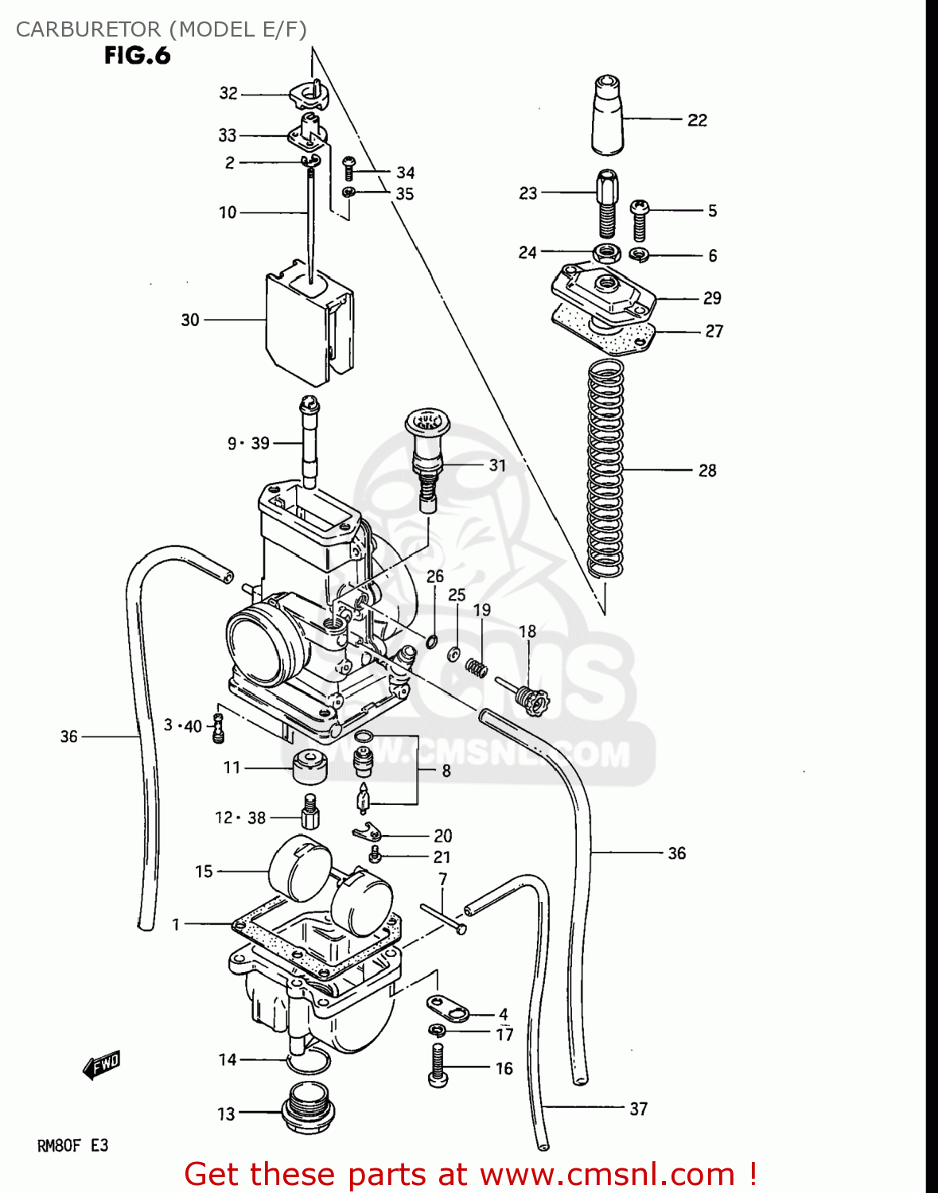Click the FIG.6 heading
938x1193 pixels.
pyautogui.click(x=137, y=56)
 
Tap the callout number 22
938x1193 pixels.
pyautogui.click(x=697, y=120)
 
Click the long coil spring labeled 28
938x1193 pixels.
pyautogui.click(x=605, y=469)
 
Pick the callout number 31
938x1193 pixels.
pyautogui.click(x=497, y=464)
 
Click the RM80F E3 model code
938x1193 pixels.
pyautogui.click(x=72, y=1145)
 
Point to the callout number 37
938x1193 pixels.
pyautogui.click(x=638, y=1108)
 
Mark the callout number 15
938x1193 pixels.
pyautogui.click(x=204, y=871)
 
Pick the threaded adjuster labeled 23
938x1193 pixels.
pyautogui.click(x=607, y=204)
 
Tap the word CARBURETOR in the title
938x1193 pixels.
pyautogui.click(x=88, y=29)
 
